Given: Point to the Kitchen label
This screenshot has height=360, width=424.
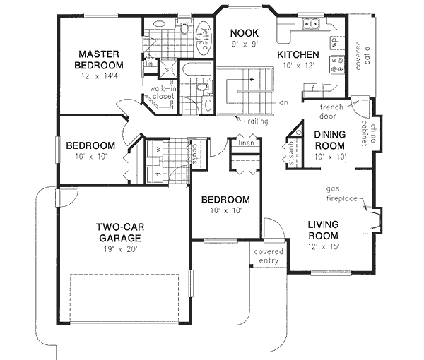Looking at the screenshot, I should [298, 54].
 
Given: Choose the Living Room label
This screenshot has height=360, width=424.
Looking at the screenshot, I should [325, 230].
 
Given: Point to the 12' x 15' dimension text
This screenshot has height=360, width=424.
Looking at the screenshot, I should [325, 246].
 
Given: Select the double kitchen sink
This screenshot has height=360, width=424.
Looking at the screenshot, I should [310, 25].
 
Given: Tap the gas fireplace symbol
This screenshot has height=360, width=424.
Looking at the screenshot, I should [370, 220].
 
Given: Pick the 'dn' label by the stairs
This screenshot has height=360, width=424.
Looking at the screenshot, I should [282, 102].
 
